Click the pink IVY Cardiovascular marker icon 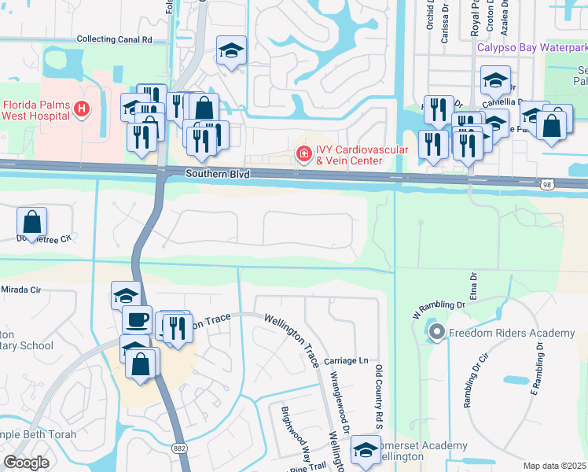[303, 153]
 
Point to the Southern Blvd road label [218, 173]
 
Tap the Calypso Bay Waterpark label [532, 47]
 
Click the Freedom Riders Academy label [512, 334]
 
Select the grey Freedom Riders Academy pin [437, 334]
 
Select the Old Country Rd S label [379, 398]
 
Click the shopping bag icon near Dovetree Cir [31, 221]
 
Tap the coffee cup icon [137, 319]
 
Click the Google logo [27, 462]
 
